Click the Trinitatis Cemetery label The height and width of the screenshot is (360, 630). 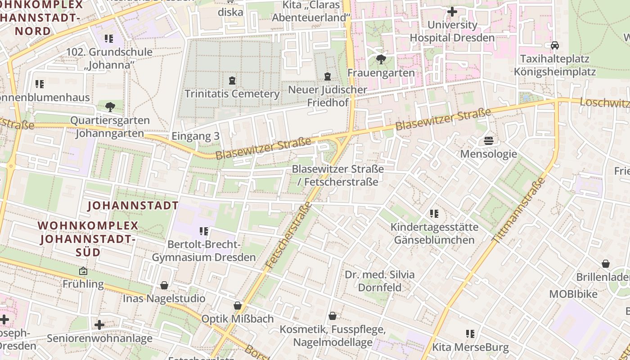pyautogui.click(x=232, y=94)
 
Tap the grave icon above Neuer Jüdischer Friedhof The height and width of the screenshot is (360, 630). pyautogui.click(x=328, y=77)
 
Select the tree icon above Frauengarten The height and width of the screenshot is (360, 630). pyautogui.click(x=381, y=59)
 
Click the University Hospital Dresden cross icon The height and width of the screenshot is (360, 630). pyautogui.click(x=452, y=12)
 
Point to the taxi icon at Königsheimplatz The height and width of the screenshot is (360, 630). pyautogui.click(x=555, y=45)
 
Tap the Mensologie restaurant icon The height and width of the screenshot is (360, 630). pyautogui.click(x=489, y=141)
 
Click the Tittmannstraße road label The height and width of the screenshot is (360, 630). pyautogui.click(x=519, y=210)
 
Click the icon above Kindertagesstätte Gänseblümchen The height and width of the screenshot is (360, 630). pyautogui.click(x=434, y=213)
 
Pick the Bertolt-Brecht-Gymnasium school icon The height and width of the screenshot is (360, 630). pyautogui.click(x=203, y=231)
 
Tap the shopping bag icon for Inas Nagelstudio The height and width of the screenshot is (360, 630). pyautogui.click(x=164, y=285)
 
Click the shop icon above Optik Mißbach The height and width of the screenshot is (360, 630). pyautogui.click(x=238, y=306)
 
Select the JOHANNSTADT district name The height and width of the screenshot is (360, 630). pyautogui.click(x=133, y=206)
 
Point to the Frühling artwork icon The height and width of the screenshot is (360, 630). pyautogui.click(x=83, y=271)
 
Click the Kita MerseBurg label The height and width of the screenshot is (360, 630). pyautogui.click(x=470, y=347)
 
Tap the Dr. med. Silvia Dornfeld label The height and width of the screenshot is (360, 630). pyautogui.click(x=380, y=281)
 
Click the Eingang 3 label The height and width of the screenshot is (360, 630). pyautogui.click(x=195, y=137)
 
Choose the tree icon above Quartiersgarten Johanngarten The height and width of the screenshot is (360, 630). pyautogui.click(x=110, y=107)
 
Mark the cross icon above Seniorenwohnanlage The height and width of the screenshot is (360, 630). pyautogui.click(x=99, y=324)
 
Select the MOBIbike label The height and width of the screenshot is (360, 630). pyautogui.click(x=573, y=294)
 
